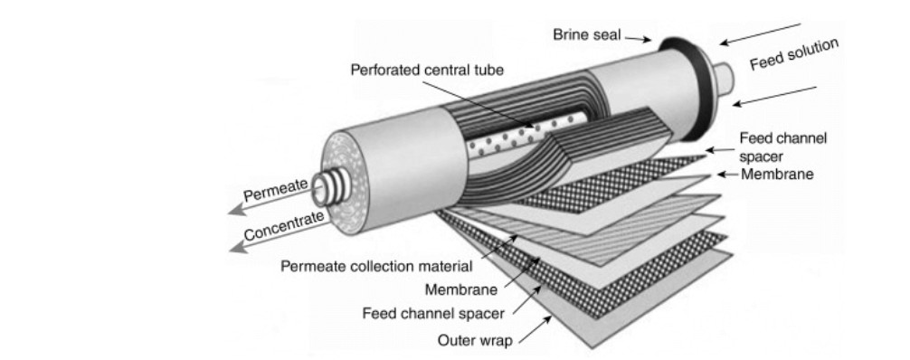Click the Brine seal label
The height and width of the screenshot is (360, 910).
point(587,35)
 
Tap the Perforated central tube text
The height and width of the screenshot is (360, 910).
point(427,70)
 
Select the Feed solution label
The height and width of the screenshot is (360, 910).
point(794,54)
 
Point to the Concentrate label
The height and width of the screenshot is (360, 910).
point(284,225)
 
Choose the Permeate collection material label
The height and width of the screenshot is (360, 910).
point(376,267)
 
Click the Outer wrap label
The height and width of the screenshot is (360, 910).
point(475,340)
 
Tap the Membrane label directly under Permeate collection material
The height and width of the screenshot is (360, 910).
point(460,289)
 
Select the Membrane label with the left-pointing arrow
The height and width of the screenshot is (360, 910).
point(777,174)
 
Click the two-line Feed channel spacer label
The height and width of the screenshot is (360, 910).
point(782,147)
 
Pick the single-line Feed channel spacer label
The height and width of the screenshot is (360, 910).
point(433,314)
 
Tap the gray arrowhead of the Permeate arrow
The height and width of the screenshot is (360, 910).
point(237,209)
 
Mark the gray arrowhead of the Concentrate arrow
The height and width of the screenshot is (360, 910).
point(238,247)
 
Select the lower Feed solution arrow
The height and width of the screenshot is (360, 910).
point(774,96)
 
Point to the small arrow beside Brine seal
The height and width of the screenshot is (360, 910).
point(638,39)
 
